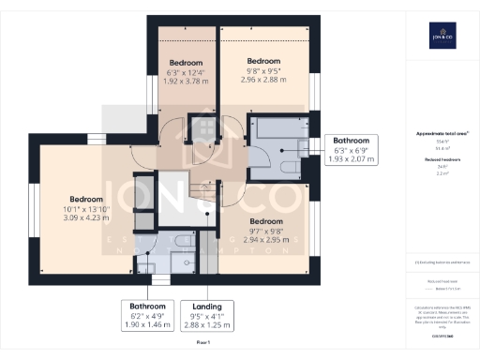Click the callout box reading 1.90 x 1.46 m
147,315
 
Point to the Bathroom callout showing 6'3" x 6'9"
352,150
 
